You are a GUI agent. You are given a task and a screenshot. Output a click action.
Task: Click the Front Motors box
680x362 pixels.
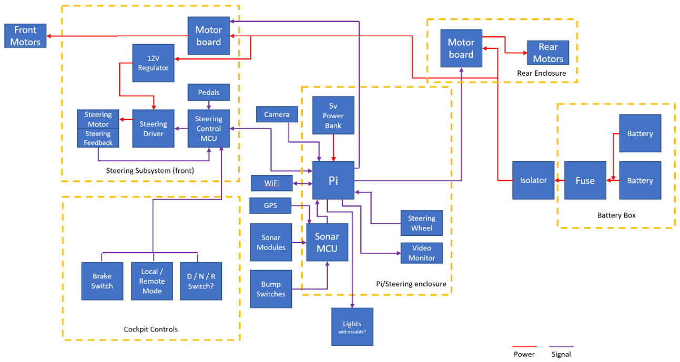pos(25,36)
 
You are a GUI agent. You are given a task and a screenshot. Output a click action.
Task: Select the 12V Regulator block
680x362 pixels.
pos(153,63)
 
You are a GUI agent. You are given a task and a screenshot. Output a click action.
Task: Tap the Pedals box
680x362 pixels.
pos(209,92)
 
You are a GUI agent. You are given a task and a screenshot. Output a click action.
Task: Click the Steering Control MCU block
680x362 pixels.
pos(209,129)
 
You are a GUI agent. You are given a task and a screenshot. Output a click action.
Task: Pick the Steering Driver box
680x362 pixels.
pos(153,129)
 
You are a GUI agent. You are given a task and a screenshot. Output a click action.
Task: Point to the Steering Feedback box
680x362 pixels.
pos(98,138)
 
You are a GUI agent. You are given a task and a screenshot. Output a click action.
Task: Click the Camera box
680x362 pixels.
pos(277,115)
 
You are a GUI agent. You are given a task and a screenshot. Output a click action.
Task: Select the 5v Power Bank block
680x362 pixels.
pos(333,116)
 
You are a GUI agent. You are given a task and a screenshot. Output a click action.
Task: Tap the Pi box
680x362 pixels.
pos(333,180)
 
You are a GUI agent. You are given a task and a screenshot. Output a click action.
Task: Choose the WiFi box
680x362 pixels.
pos(271,183)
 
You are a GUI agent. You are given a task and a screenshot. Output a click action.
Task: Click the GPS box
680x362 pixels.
pos(270,205)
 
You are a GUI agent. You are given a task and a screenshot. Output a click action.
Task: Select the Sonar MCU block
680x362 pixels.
pos(327,242)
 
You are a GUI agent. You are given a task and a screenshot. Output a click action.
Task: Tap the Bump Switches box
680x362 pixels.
pos(271,289)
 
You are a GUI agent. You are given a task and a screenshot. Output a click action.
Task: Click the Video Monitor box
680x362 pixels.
pos(421,253)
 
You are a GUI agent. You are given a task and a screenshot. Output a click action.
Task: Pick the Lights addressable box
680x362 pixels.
pos(352,326)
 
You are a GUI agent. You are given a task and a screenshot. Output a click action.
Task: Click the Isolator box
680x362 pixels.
pos(533,180)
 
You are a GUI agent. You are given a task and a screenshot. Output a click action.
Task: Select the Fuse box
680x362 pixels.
pos(585,180)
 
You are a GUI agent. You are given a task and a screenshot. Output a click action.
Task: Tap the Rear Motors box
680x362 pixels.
pos(548,53)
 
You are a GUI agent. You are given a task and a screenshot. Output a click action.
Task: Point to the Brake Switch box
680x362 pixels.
pos(102,281)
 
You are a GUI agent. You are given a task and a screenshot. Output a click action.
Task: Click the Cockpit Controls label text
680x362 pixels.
pos(151,329)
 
